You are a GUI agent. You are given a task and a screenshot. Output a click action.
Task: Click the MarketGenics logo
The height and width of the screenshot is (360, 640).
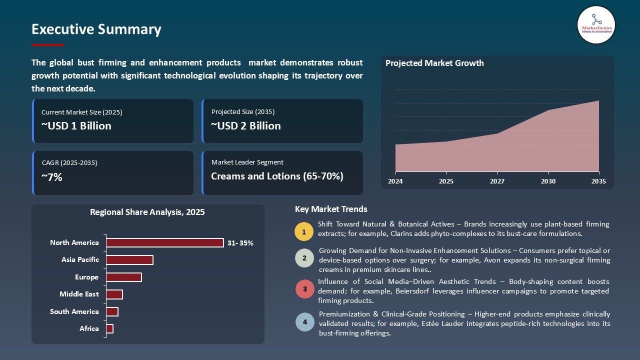(x=596, y=24)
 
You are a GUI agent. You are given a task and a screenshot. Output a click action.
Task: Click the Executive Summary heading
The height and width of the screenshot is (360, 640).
(x=96, y=29)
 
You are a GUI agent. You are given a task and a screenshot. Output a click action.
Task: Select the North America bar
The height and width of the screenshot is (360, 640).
(x=165, y=242)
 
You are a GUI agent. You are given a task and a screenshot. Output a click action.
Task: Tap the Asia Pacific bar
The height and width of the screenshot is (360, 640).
(x=129, y=260)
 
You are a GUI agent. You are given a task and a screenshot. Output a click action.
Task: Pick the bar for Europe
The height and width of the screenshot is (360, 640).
(x=124, y=277)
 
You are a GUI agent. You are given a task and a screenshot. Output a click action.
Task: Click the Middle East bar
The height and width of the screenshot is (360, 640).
(x=114, y=294)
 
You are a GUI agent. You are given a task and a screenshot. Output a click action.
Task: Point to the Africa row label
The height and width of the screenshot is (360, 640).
(x=89, y=328)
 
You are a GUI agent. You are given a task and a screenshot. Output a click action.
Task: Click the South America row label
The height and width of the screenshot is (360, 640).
(x=74, y=311)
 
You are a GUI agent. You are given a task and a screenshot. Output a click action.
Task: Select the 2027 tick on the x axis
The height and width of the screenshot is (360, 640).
(x=497, y=181)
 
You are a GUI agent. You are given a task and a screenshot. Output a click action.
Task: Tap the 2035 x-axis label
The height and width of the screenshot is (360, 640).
(x=598, y=181)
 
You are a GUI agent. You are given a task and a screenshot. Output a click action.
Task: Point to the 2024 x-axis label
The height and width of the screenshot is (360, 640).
(x=395, y=181)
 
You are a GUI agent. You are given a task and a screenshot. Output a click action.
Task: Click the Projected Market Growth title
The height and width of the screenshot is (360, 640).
(x=434, y=63)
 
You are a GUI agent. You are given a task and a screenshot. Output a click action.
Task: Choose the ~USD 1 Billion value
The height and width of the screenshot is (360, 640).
(x=76, y=126)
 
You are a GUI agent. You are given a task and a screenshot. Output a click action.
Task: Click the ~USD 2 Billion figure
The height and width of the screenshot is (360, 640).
(x=246, y=126)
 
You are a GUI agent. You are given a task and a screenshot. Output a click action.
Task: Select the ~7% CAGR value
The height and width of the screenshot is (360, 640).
(x=52, y=177)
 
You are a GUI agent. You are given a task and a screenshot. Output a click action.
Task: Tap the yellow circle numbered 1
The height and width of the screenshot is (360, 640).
(x=304, y=231)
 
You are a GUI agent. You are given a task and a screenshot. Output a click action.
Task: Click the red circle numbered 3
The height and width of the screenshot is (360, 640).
(x=304, y=289)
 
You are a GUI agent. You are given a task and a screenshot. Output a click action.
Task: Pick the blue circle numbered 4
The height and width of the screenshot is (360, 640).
(x=304, y=322)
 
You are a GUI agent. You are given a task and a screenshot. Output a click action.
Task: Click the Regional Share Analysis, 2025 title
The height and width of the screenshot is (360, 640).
(x=147, y=212)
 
